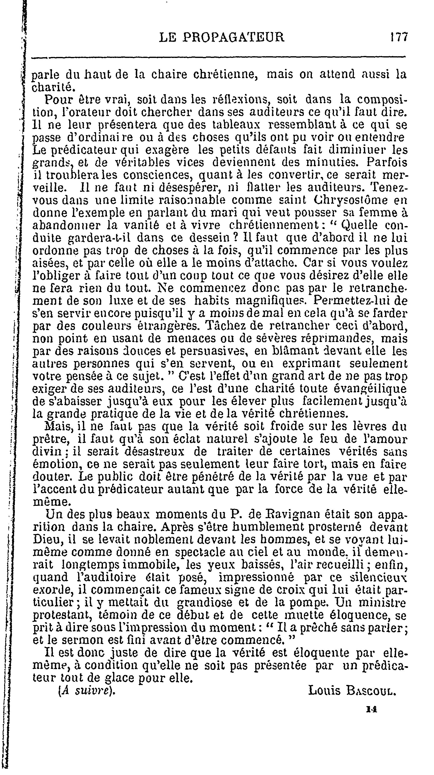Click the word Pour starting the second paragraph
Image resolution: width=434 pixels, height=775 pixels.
coord(57,100)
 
